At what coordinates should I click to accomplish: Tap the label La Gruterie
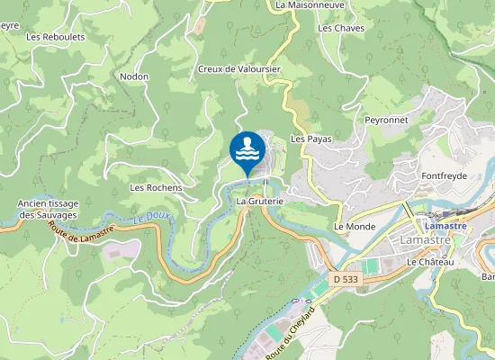tap(260, 202)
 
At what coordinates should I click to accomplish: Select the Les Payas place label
tap(312, 139)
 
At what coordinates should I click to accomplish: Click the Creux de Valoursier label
tap(239, 69)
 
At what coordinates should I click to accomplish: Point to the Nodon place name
tap(134, 77)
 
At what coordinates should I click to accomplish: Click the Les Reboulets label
tap(56, 37)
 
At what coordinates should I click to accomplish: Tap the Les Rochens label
tap(156, 188)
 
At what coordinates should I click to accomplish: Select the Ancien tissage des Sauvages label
tap(48, 210)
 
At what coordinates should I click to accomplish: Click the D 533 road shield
tap(342, 280)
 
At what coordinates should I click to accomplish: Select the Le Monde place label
tap(354, 227)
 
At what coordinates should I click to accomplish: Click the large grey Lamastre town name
tap(427, 240)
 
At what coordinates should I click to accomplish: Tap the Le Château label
tap(429, 262)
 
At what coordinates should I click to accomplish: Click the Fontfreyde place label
tap(445, 176)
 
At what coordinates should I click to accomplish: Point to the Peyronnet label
tap(387, 120)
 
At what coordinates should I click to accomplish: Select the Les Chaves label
tap(339, 28)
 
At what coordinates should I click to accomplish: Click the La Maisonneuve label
tap(310, 4)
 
